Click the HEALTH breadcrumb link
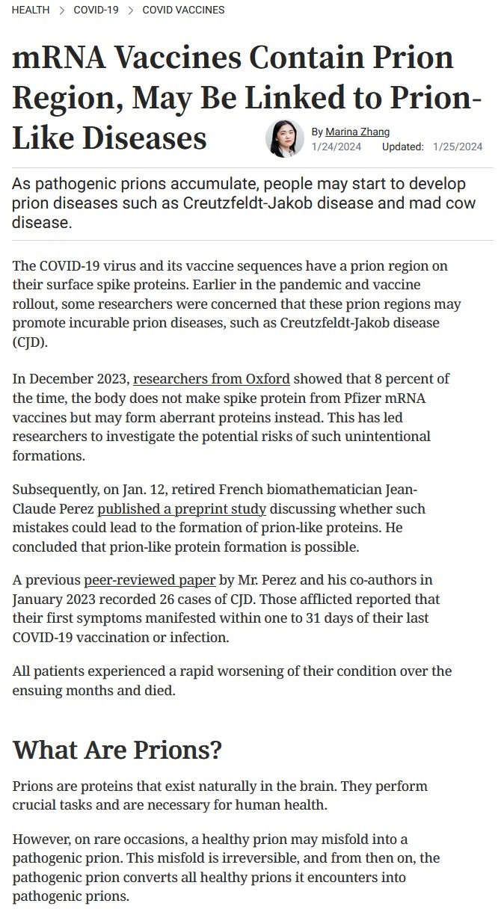[x=31, y=10]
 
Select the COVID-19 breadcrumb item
[x=96, y=10]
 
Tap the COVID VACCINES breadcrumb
[x=183, y=10]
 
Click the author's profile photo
[x=284, y=138]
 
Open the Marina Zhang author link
[x=357, y=132]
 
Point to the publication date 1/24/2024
[x=336, y=147]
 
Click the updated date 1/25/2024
[x=458, y=147]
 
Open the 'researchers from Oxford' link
[x=212, y=378]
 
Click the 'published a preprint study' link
[x=182, y=508]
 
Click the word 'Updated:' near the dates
[x=403, y=147]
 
